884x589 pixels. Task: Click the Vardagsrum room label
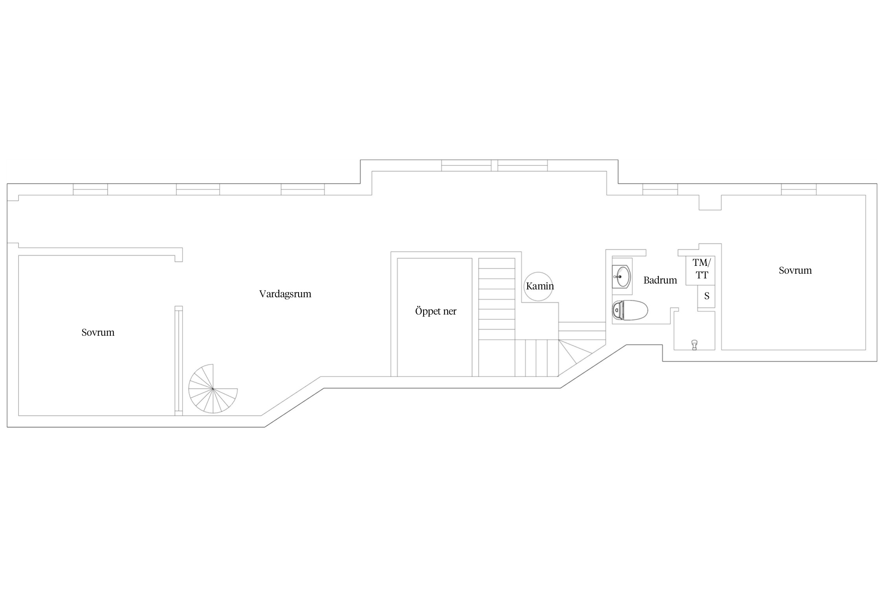click(x=285, y=294)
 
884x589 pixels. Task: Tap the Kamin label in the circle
click(x=540, y=286)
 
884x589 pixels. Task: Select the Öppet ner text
click(x=436, y=311)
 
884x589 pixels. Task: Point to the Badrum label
click(x=660, y=280)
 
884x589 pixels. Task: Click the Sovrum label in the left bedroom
click(x=98, y=333)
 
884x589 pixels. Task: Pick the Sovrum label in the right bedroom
click(x=795, y=271)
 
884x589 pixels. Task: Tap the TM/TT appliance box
click(x=700, y=270)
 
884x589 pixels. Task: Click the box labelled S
click(x=706, y=296)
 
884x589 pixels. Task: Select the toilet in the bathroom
click(x=630, y=310)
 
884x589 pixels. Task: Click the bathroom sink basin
click(x=622, y=276)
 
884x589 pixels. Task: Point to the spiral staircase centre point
click(x=213, y=389)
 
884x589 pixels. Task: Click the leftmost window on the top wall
click(x=90, y=189)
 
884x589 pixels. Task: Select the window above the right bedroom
click(x=799, y=189)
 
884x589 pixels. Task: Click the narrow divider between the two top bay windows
click(x=494, y=165)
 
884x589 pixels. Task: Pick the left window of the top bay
click(x=466, y=165)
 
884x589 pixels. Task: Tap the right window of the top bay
click(x=523, y=165)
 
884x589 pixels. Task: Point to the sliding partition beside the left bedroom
click(x=179, y=360)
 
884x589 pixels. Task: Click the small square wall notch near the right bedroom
click(x=710, y=202)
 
